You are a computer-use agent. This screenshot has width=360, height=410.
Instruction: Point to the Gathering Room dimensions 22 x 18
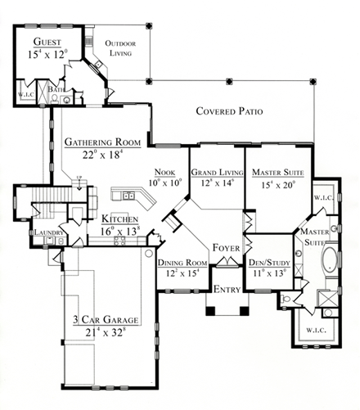point(103,153)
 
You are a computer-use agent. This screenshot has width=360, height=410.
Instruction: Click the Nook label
point(166,173)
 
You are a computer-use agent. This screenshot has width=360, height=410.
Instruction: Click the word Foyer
point(225,247)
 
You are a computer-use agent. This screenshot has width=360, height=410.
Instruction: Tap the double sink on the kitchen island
point(128,196)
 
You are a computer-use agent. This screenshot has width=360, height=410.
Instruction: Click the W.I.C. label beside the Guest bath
point(25,93)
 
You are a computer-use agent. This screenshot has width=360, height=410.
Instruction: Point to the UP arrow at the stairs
point(78,178)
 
